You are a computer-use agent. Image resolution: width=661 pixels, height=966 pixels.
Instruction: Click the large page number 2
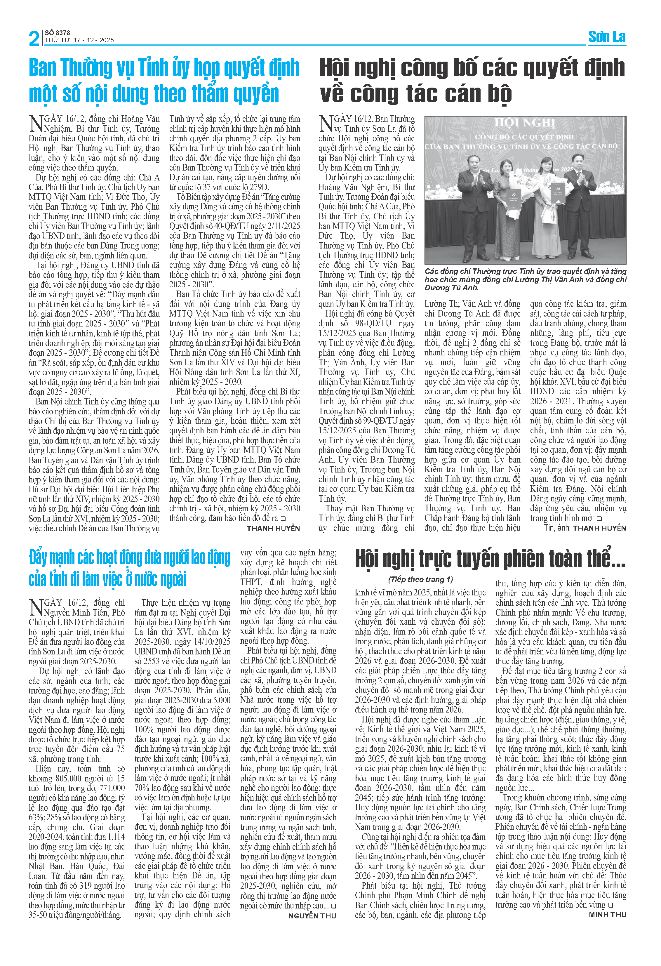34,39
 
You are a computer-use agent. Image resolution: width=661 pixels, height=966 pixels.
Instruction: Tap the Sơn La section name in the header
607,37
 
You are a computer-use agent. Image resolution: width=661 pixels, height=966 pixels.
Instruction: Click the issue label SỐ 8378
57,32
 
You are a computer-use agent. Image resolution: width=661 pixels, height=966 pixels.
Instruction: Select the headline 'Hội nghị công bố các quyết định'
472,68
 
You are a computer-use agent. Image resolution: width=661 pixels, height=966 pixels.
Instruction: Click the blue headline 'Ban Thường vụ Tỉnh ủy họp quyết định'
164,68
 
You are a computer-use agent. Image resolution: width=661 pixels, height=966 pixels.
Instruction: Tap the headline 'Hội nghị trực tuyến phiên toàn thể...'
490,559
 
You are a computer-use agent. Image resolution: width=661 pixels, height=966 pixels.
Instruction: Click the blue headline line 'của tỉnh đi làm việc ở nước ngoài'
108,579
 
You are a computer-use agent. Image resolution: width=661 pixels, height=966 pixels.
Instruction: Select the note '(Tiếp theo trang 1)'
420,579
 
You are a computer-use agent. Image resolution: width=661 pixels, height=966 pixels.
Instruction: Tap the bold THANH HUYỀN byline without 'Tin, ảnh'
273,528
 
